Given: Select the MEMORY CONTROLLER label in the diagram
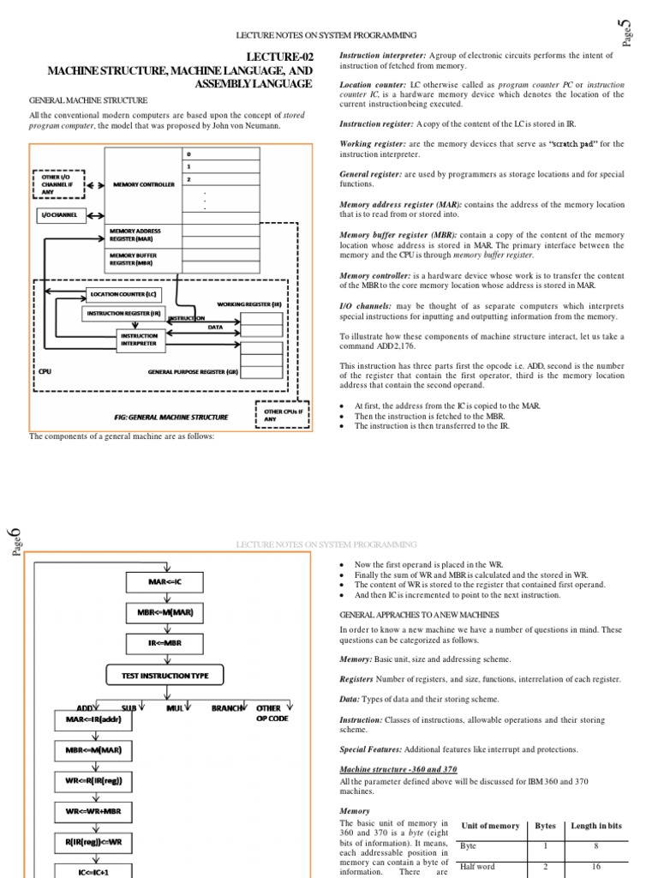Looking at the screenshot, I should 143,184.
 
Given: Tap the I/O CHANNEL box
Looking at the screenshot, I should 60,214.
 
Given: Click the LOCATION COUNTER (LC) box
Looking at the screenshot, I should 123,294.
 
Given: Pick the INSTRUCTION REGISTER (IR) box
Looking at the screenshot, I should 123,314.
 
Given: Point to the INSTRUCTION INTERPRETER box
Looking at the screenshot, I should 139,340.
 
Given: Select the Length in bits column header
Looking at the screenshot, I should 597,826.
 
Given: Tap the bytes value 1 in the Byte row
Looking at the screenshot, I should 545,845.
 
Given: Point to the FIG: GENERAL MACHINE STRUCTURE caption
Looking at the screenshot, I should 171,418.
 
